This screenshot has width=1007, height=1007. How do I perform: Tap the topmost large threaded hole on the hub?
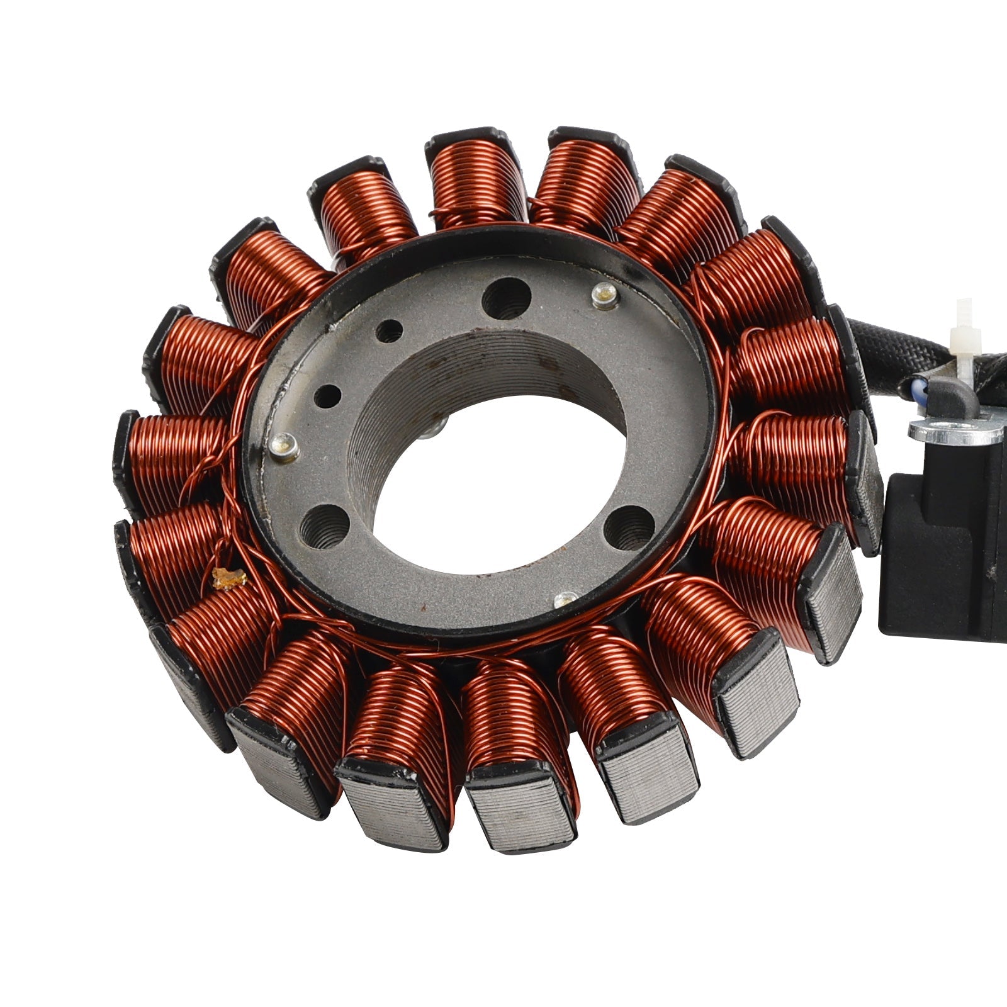505,298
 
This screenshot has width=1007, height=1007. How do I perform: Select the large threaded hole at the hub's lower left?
325,526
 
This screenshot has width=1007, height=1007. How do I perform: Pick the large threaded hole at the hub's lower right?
629,526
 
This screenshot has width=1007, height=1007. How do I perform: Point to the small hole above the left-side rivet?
327,397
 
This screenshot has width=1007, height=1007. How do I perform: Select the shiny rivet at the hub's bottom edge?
566,599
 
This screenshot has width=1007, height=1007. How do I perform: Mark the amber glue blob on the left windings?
228,578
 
